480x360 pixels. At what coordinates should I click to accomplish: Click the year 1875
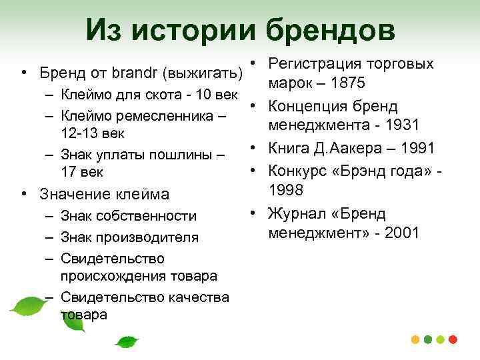361,85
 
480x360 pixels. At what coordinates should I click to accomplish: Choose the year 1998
286,191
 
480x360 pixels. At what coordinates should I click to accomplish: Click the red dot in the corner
454,339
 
